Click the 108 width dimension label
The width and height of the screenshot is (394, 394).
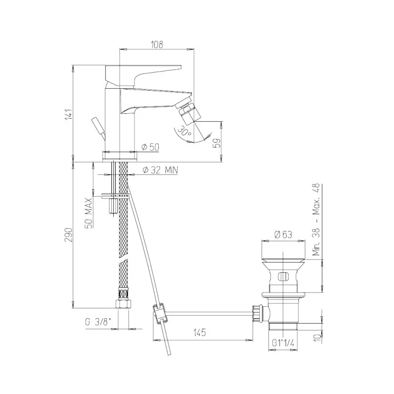(x=157, y=43)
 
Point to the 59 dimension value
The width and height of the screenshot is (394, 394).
(x=216, y=143)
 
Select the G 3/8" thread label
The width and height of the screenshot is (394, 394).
(x=98, y=323)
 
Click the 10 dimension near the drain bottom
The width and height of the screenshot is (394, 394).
(x=318, y=336)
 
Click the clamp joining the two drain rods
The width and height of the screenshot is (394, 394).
(x=159, y=313)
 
